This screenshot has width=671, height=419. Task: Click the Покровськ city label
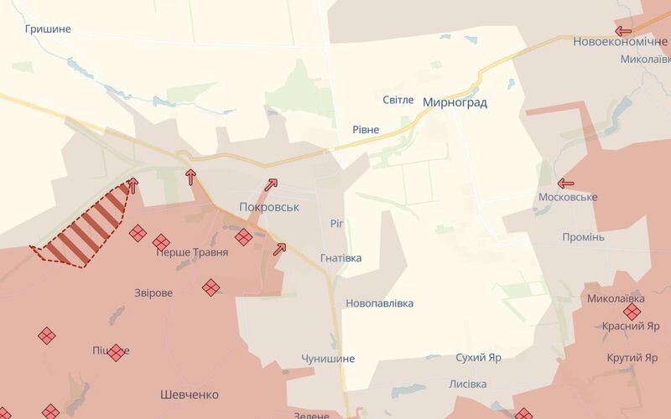click(x=268, y=206)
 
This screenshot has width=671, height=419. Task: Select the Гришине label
click(x=48, y=29)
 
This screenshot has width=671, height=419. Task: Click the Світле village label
click(x=398, y=100)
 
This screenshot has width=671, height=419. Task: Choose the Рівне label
click(x=365, y=130)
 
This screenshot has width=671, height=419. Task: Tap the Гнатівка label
click(x=341, y=258)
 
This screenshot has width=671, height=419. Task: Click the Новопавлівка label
click(x=379, y=303)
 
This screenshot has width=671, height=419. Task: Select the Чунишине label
click(x=328, y=359)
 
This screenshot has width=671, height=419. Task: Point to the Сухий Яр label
click(x=479, y=358)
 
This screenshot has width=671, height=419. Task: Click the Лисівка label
click(x=468, y=384)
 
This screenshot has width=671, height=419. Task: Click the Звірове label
click(x=153, y=293)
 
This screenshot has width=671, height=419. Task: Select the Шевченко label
click(x=189, y=394)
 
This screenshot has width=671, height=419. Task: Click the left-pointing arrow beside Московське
click(x=565, y=183)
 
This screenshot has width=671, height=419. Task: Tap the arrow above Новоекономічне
click(x=623, y=30)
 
